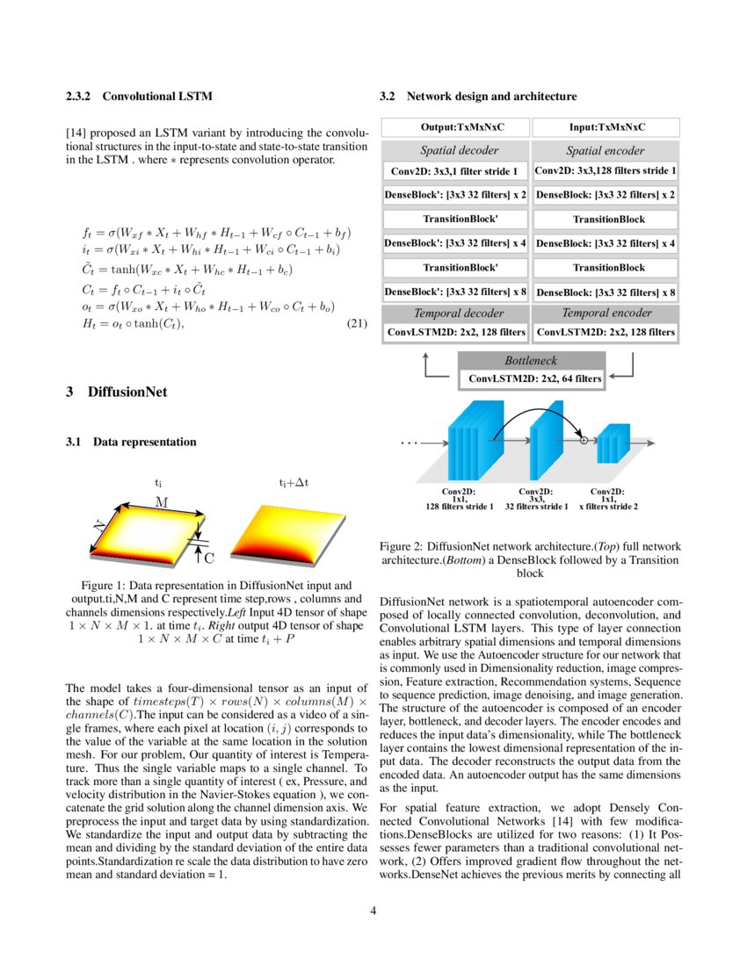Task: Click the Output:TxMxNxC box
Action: click(x=455, y=127)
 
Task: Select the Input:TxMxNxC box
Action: click(x=606, y=127)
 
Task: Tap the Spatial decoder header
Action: click(x=455, y=150)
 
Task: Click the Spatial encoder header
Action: click(x=606, y=150)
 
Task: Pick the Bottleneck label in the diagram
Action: click(x=530, y=360)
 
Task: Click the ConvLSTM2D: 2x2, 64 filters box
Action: click(x=530, y=378)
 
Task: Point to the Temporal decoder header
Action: click(x=455, y=313)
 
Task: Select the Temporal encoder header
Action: click(x=606, y=313)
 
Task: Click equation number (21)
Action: click(x=356, y=324)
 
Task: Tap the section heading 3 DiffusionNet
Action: click(x=116, y=393)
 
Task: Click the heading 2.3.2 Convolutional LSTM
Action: click(x=139, y=95)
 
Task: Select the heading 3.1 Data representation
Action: click(x=131, y=442)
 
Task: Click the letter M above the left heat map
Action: click(x=162, y=501)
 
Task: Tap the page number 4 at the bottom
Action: click(x=373, y=910)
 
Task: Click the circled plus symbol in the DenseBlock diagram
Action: click(x=584, y=440)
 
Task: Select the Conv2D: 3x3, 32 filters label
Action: click(x=535, y=499)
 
